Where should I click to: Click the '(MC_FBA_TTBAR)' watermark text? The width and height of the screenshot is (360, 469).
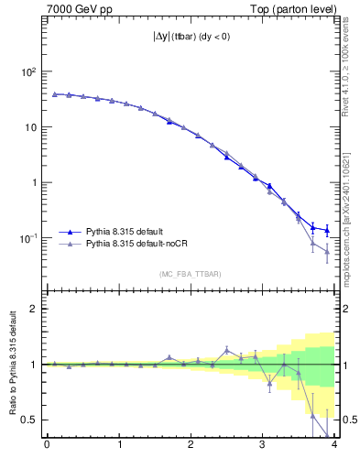(x=190, y=274)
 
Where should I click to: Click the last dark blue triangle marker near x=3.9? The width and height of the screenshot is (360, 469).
(x=327, y=230)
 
